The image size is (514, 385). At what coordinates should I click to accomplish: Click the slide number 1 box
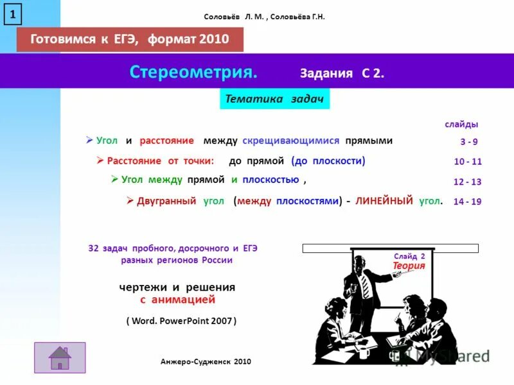[x=13, y=13]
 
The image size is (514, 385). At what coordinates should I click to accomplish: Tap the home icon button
[x=60, y=357]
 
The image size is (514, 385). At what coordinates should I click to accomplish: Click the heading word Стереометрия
[x=193, y=72]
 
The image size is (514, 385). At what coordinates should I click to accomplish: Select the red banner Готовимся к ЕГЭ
[x=130, y=39]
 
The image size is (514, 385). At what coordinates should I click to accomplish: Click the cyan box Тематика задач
[x=274, y=99]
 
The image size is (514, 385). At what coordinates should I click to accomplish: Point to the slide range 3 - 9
[x=468, y=142]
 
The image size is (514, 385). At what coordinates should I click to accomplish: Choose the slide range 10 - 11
[x=468, y=162]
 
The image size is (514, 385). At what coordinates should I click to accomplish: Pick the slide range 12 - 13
[x=467, y=182]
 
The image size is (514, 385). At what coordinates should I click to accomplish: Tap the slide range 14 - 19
[x=467, y=201]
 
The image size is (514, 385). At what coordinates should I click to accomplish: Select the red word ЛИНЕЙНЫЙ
[x=384, y=201]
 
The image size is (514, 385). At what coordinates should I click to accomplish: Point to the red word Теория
[x=409, y=265]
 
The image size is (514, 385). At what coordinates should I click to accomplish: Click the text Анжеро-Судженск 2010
[x=206, y=362]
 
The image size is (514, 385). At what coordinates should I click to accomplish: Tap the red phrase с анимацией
[x=177, y=300]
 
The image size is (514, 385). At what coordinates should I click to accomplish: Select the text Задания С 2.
[x=342, y=73]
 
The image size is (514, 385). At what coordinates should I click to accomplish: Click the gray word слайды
[x=461, y=124]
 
